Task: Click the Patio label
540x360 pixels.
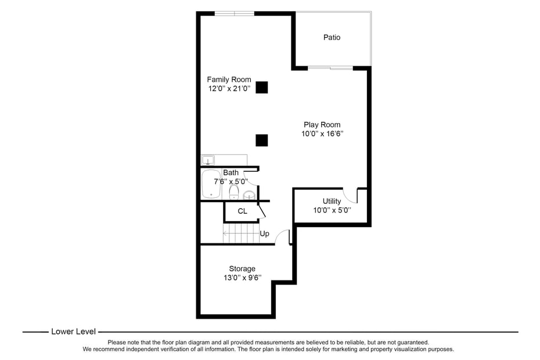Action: (332, 37)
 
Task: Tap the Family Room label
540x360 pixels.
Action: (229, 80)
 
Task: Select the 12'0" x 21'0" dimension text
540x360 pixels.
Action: (229, 88)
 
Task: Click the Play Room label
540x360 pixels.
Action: (322, 125)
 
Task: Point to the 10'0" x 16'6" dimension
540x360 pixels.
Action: (322, 134)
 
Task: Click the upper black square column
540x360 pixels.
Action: (262, 88)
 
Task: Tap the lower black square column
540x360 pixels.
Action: (262, 140)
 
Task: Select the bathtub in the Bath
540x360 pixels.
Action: (211, 184)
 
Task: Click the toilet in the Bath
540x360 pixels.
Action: (234, 192)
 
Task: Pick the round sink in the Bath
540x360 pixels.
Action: (249, 195)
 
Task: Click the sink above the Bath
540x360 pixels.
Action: (208, 160)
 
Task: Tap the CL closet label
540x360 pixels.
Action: (243, 211)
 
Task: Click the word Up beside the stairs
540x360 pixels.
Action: (265, 233)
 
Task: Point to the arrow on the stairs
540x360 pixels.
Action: (241, 233)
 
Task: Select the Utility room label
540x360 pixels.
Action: (332, 201)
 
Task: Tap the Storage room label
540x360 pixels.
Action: (242, 269)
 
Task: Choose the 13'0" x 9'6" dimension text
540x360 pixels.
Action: (243, 278)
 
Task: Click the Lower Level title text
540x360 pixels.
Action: (73, 332)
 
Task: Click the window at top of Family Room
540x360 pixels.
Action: (235, 13)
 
